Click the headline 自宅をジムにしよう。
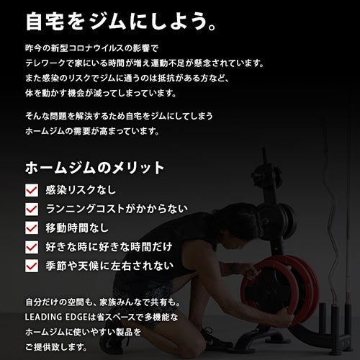pyautogui.click(x=121, y=22)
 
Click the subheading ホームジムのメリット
pyautogui.click(x=95, y=168)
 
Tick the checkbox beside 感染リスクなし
pyautogui.click(x=32, y=190)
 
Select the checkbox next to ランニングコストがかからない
pyautogui.click(x=32, y=209)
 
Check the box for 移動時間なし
pyautogui.click(x=32, y=228)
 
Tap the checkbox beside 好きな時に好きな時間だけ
pyautogui.click(x=32, y=247)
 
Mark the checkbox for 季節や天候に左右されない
pyautogui.click(x=32, y=266)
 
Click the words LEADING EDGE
pyautogui.click(x=56, y=318)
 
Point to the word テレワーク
pyautogui.click(x=45, y=63)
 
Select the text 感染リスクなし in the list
pyautogui.click(x=81, y=190)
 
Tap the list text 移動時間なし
pyautogui.click(x=77, y=228)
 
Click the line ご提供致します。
pyautogui.click(x=56, y=347)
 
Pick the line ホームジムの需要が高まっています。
pyautogui.click(x=93, y=131)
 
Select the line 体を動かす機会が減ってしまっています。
pyautogui.click(x=101, y=94)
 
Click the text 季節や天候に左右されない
pyautogui.click(x=109, y=266)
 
